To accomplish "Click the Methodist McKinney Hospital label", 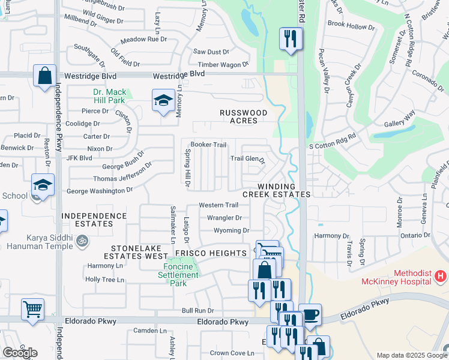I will (396, 277).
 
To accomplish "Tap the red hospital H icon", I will (441, 276).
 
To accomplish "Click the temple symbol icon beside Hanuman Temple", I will (83, 241).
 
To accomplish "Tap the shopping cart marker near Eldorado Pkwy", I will (33, 309).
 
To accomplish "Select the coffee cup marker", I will (310, 314).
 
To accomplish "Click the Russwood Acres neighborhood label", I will (238, 116).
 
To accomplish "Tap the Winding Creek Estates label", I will (276, 190).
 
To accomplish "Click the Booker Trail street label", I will (208, 145).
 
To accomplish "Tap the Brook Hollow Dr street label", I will (351, 25).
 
